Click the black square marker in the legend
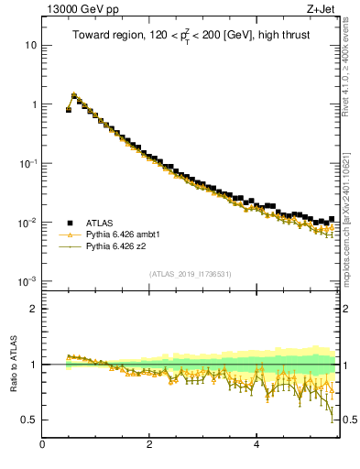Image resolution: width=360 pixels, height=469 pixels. (x=69, y=223)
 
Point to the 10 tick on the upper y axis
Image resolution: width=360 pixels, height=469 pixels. (x=31, y=45)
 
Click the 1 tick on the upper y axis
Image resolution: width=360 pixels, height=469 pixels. (x=34, y=104)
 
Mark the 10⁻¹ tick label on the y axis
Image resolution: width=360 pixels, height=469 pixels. (x=28, y=163)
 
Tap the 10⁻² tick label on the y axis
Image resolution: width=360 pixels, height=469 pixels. (x=28, y=223)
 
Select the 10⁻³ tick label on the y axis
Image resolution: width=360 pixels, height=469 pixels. (x=28, y=281)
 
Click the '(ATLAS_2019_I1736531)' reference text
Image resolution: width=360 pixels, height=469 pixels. (x=191, y=274)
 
